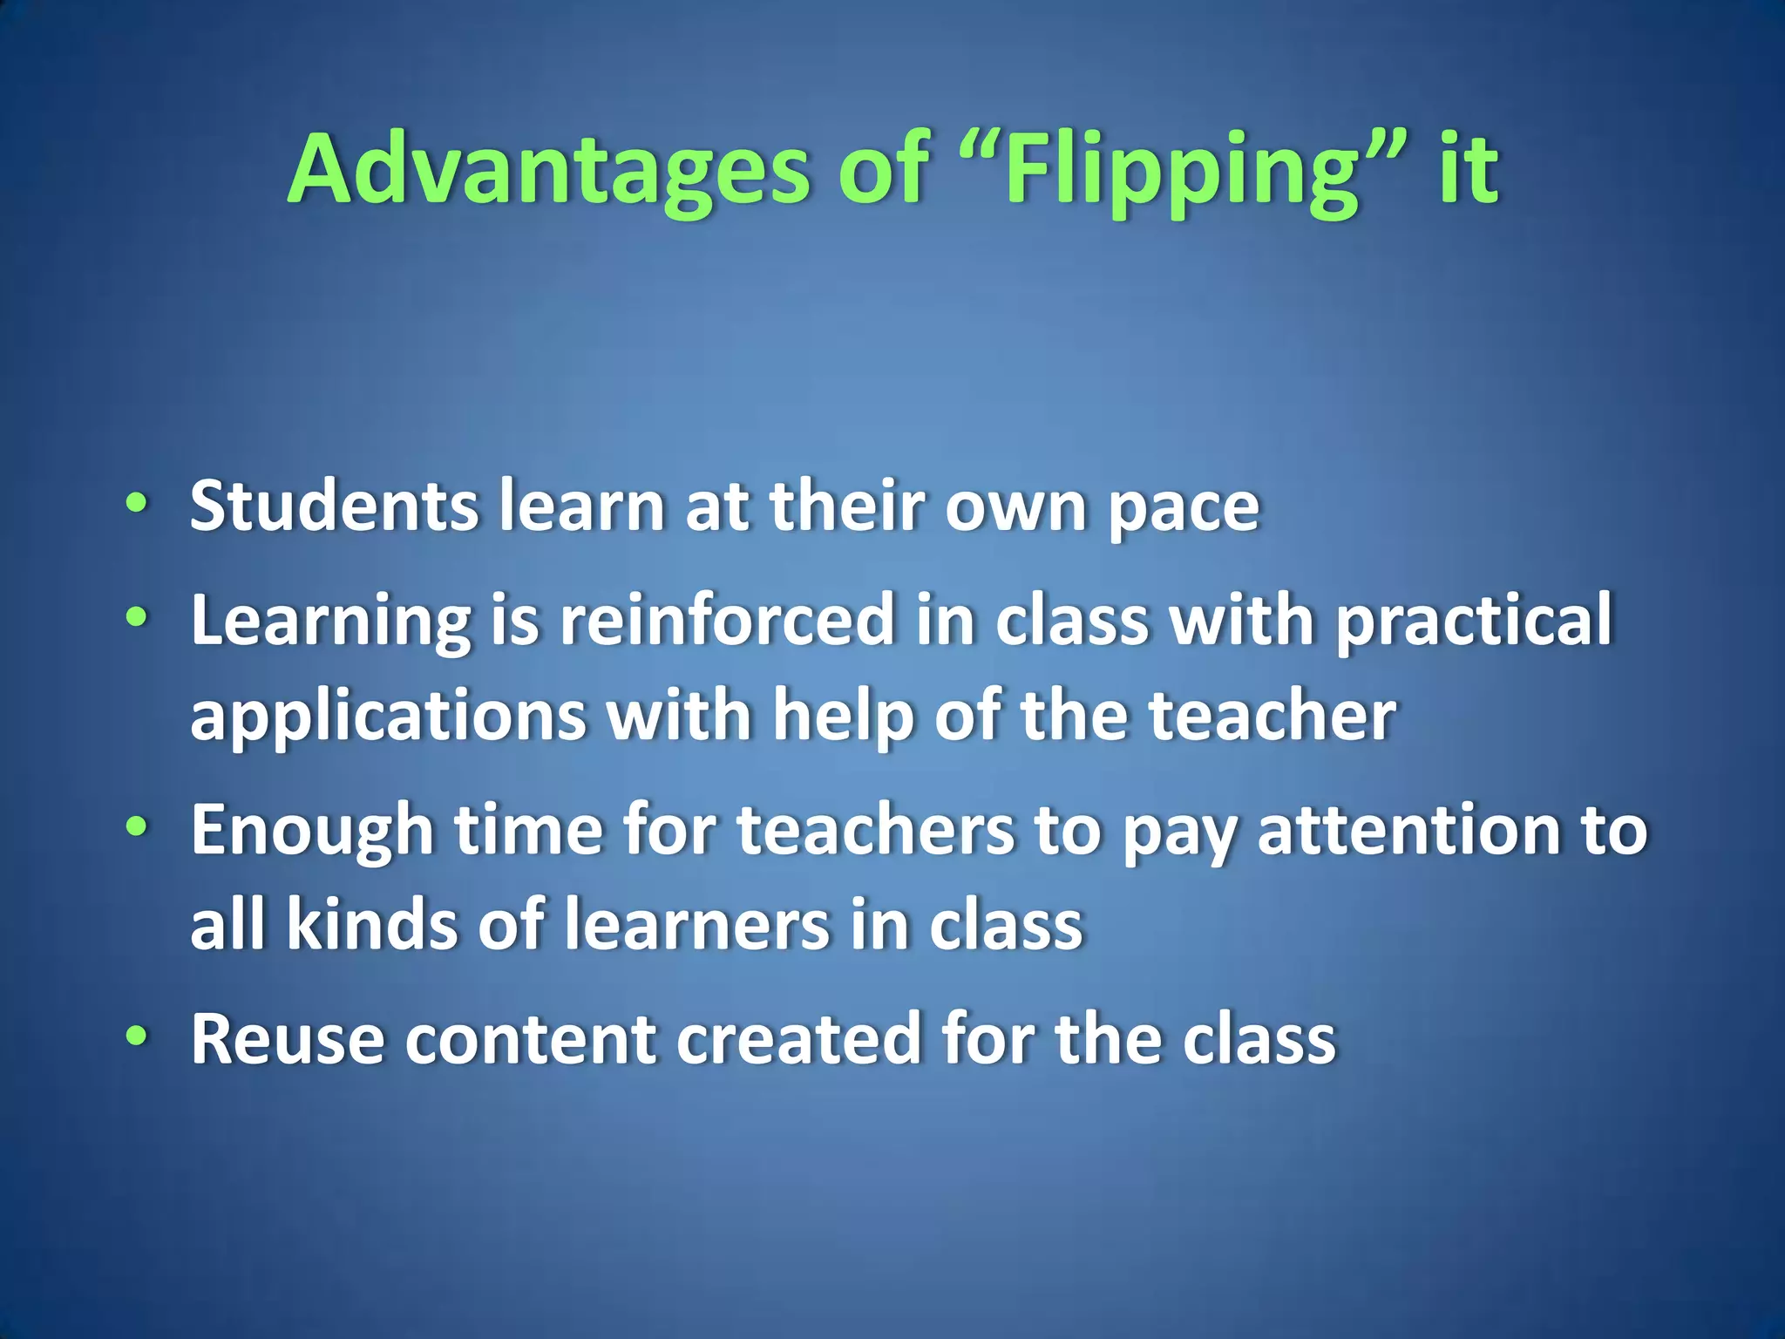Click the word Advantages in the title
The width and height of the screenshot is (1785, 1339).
[548, 170]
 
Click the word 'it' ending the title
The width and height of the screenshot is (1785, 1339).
[1468, 170]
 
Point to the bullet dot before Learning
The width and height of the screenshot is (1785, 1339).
[136, 616]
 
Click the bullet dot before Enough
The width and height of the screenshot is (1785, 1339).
[136, 826]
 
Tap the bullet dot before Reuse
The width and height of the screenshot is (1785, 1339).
[136, 1036]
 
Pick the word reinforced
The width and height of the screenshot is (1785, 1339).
[727, 620]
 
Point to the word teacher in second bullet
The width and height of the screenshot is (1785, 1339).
[1272, 715]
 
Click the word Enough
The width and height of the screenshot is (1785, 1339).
[312, 831]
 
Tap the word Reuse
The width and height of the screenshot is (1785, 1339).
[287, 1038]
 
